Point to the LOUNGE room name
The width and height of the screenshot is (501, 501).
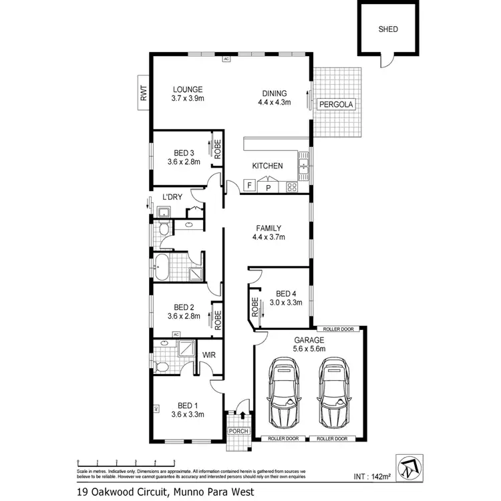(x=187, y=89)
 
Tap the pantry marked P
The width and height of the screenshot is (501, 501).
(x=269, y=187)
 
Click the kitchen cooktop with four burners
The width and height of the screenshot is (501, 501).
(x=292, y=187)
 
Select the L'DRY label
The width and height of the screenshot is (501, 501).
(x=172, y=197)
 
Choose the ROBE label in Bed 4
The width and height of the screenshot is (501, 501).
(x=255, y=306)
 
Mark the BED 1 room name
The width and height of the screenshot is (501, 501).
(x=186, y=405)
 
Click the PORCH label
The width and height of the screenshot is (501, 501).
(x=238, y=431)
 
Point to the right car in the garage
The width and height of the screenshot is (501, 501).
(x=334, y=392)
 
